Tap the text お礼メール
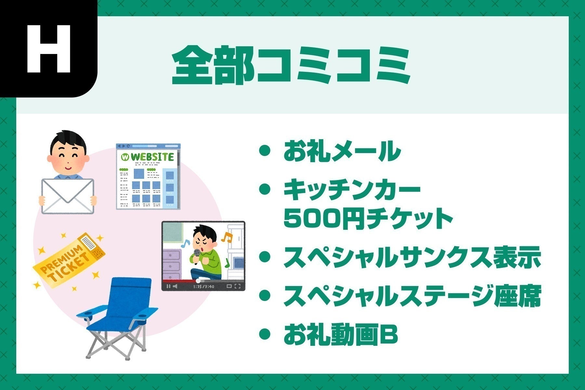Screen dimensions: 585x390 click(342, 151)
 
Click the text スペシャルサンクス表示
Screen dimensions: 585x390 click(412, 257)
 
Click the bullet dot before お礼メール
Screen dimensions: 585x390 click(265, 151)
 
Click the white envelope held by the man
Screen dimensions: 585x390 click(68, 196)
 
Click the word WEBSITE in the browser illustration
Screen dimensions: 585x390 click(152, 157)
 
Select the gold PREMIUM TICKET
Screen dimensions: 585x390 click(69, 260)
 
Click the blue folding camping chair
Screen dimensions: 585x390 click(117, 318)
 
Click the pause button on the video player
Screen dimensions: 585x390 click(168, 286)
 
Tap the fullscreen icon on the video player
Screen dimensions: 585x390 click(238, 286)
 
